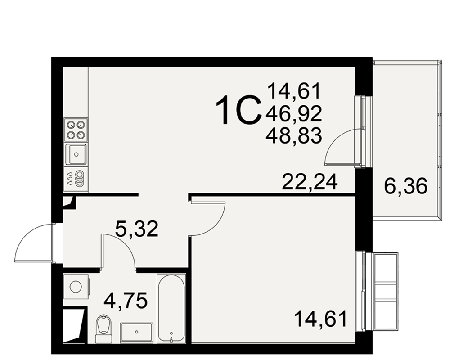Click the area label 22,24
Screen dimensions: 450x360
[x=310, y=182]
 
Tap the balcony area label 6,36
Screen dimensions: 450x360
[x=405, y=186]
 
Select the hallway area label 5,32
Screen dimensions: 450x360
[x=137, y=229]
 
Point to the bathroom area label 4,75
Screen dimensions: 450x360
[x=126, y=300]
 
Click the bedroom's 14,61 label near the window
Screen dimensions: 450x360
[x=320, y=319]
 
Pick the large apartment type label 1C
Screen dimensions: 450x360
[x=239, y=111]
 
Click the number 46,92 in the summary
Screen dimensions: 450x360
[x=294, y=114]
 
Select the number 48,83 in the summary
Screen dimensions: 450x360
[x=294, y=136]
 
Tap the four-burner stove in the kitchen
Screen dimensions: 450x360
[x=76, y=130]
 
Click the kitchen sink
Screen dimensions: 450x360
[x=76, y=154]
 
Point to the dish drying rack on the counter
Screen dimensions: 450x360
[x=76, y=178]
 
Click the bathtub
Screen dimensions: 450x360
[x=171, y=308]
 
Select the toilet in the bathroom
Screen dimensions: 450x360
[x=103, y=328]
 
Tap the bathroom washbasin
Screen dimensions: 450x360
[x=137, y=333]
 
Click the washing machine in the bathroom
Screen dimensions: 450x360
[x=76, y=287]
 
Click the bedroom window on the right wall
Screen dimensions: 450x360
[x=364, y=292]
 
